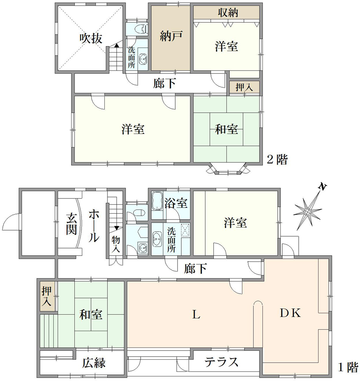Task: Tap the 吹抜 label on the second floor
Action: pos(91,38)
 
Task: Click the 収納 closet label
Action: pos(228,12)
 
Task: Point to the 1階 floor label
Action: pos(348,368)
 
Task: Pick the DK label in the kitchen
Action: pos(291,313)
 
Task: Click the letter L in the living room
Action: pos(196,314)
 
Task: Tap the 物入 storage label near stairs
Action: pos(116,243)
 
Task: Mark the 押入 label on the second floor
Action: pos(244,87)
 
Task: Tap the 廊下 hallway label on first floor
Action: pos(195,269)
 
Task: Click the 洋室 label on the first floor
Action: pos(235,223)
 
